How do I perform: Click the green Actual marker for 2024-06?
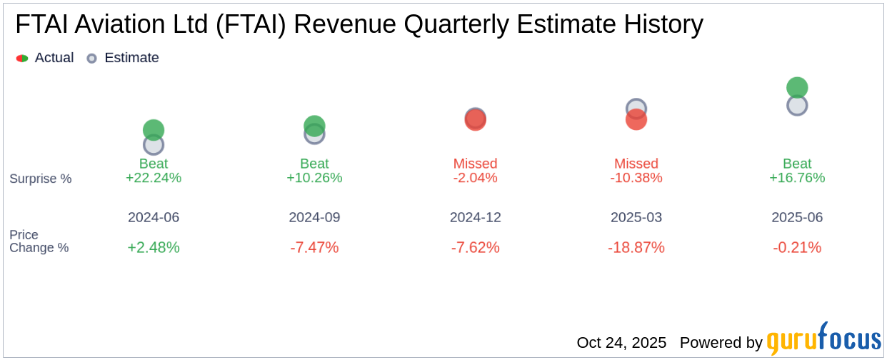tap(154, 129)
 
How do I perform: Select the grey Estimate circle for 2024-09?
tap(314, 134)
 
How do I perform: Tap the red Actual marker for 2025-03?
tap(636, 120)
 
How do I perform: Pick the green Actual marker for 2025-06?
tap(797, 87)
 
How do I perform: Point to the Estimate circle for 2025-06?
tap(797, 106)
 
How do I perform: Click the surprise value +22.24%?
tap(154, 178)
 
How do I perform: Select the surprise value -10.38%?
tap(636, 178)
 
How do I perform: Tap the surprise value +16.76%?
tap(797, 178)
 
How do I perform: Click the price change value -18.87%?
tap(636, 247)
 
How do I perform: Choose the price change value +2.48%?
tap(154, 247)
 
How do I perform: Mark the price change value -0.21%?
tap(797, 247)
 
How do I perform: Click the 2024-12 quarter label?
tap(476, 217)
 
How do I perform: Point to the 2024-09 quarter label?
tap(314, 217)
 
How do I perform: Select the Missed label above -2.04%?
tap(476, 164)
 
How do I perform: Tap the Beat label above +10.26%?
tap(314, 164)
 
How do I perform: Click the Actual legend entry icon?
tap(22, 58)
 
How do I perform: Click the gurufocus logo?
tap(823, 340)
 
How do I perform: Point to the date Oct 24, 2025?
tap(621, 343)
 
